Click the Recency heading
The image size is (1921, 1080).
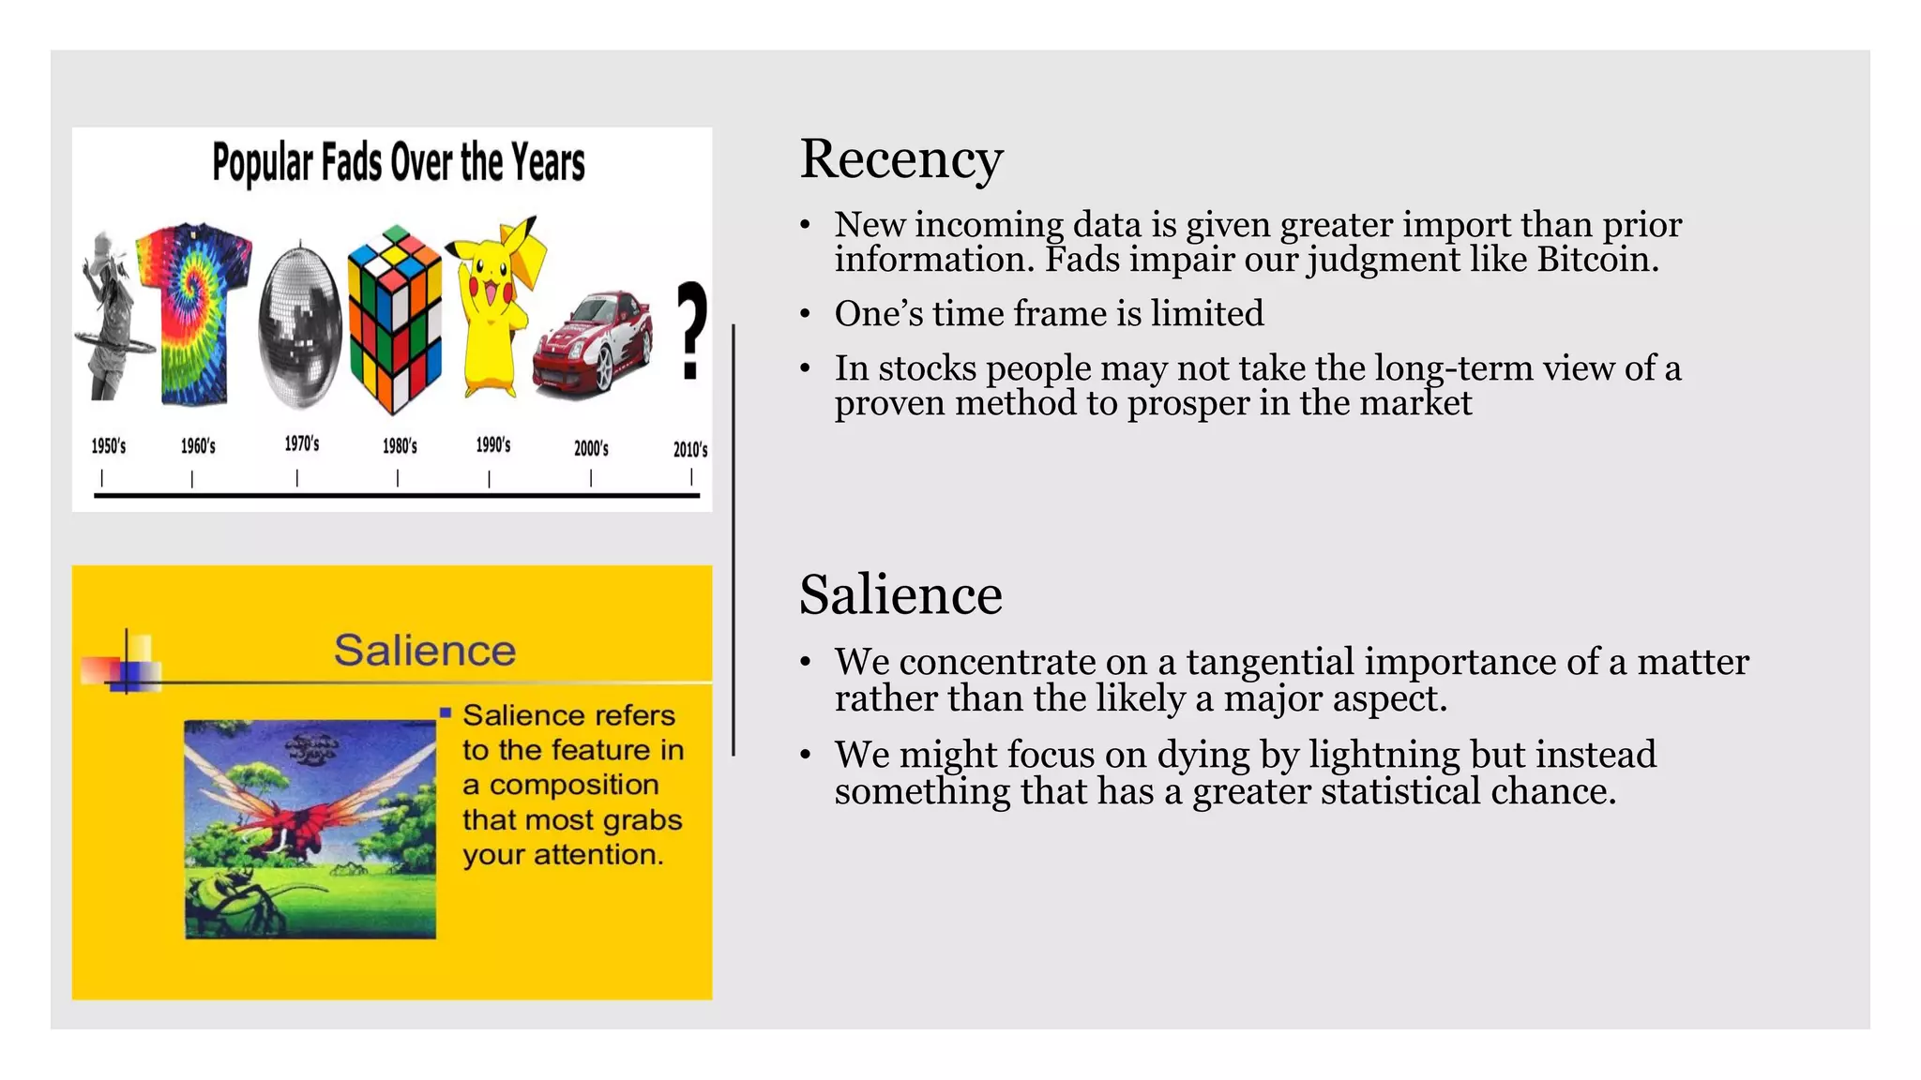click(x=900, y=159)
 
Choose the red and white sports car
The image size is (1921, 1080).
click(x=593, y=339)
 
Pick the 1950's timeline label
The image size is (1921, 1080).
click(x=109, y=446)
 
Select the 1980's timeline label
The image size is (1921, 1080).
click(x=400, y=446)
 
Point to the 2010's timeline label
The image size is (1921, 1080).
click(x=690, y=449)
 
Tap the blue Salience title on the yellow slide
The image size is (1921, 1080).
click(x=425, y=651)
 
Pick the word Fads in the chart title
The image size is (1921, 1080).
click(x=352, y=163)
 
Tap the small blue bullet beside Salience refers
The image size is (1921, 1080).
click(x=446, y=713)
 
